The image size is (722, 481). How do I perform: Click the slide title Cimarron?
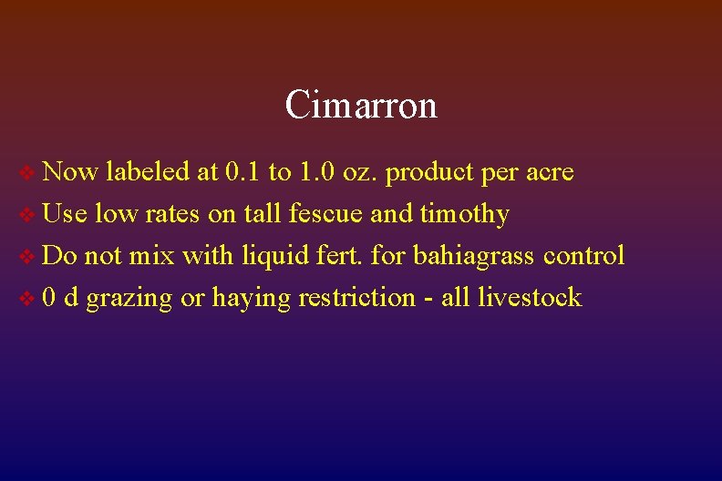point(361,105)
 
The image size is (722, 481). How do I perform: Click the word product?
point(428,172)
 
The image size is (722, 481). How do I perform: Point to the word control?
point(583,255)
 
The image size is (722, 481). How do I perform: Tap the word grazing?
point(129,298)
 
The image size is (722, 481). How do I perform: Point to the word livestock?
point(535,297)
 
